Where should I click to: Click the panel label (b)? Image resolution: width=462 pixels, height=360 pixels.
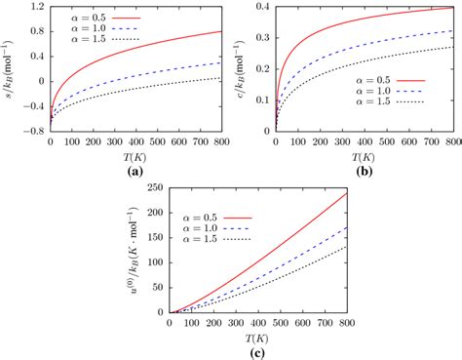[x=364, y=171]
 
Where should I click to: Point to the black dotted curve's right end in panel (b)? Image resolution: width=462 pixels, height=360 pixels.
[x=452, y=46]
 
